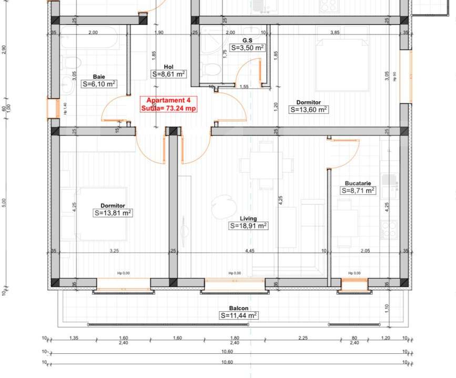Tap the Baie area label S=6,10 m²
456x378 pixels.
click(99, 83)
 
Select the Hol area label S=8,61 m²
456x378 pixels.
click(168, 74)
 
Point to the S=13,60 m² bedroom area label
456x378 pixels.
click(309, 110)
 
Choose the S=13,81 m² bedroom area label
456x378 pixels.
click(113, 213)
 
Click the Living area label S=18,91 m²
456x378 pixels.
click(248, 226)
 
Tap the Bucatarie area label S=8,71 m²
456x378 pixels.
click(358, 191)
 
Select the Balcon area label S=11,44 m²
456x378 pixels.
click(239, 316)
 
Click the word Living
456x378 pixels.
click(248, 218)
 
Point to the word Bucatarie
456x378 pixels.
click(358, 183)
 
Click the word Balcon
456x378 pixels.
click(239, 308)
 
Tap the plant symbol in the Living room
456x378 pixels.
click(221, 206)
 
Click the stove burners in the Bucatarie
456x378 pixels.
click(389, 230)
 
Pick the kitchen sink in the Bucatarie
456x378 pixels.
click(389, 180)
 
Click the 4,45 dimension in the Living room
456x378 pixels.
click(249, 251)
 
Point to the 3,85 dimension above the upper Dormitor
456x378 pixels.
click(334, 33)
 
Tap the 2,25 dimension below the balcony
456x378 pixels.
click(302, 338)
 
